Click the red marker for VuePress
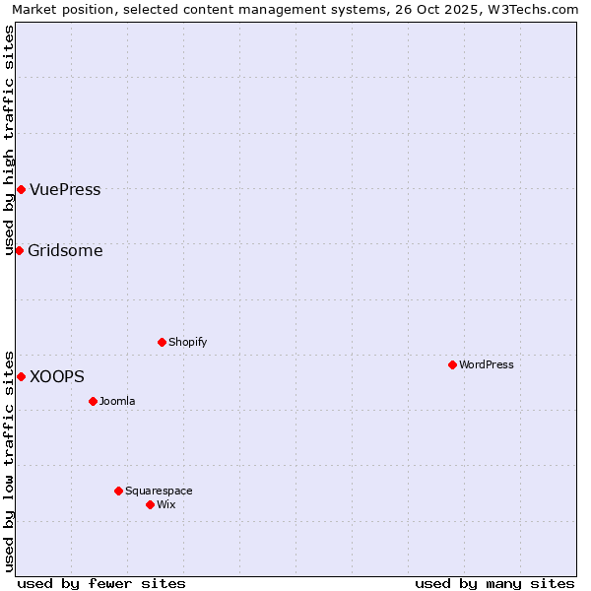(21, 189)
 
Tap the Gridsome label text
(65, 251)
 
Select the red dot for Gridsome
(19, 250)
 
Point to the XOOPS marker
(21, 376)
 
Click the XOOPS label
(57, 377)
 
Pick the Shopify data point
(162, 342)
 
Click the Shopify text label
(187, 343)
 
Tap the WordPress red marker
(452, 364)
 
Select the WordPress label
(487, 365)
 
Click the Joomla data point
(93, 401)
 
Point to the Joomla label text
(117, 402)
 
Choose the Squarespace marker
(118, 491)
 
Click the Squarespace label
(159, 492)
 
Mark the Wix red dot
(150, 504)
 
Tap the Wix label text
(166, 505)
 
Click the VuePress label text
(65, 190)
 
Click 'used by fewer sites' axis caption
(101, 583)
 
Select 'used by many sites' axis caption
(494, 583)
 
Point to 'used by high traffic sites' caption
(10, 140)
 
